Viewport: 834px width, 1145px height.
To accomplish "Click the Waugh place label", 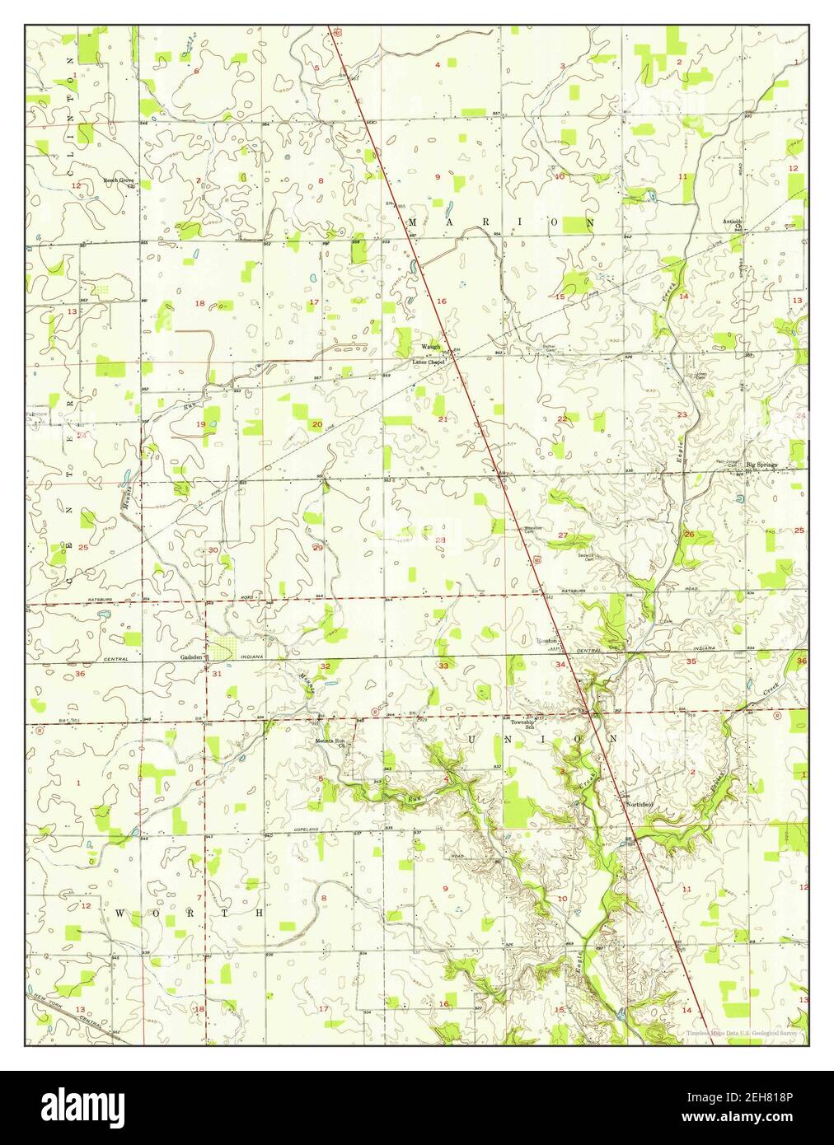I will [x=431, y=347].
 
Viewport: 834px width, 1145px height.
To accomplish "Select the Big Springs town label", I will [x=761, y=465].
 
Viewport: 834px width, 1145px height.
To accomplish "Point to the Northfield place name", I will [x=640, y=804].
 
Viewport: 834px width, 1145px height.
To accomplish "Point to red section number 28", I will [x=440, y=540].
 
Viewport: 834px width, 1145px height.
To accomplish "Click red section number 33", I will [x=443, y=666].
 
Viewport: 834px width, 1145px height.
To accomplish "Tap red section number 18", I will [x=199, y=303].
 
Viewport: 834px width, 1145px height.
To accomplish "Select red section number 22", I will [x=562, y=419].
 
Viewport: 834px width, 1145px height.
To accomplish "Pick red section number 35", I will [x=691, y=661].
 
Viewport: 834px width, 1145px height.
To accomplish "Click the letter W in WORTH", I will [x=120, y=914].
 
